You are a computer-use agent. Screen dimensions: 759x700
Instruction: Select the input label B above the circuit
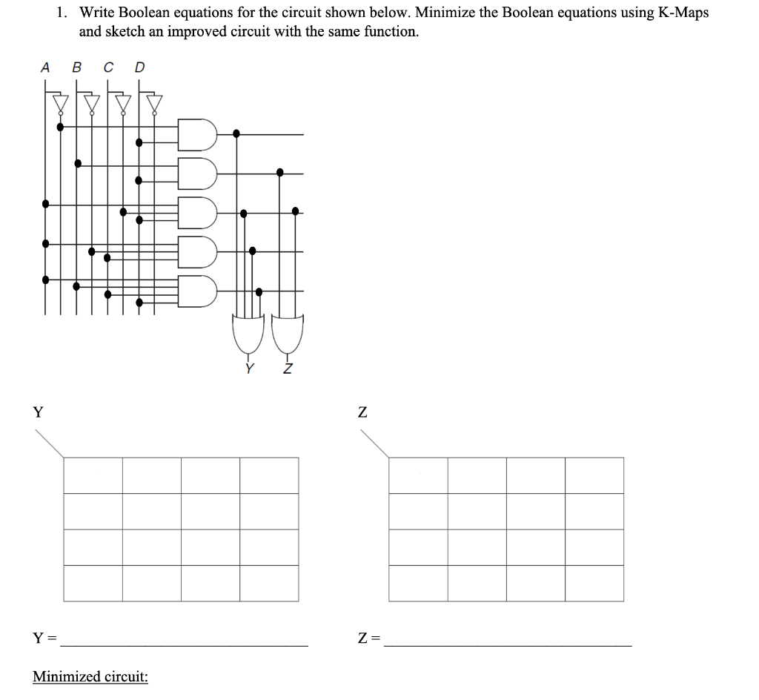click(x=76, y=67)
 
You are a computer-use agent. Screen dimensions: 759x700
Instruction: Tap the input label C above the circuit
click(x=108, y=67)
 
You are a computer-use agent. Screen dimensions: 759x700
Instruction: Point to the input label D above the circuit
click(x=139, y=67)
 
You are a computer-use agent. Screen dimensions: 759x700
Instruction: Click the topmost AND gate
click(x=197, y=134)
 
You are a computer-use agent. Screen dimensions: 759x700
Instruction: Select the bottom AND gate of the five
click(x=197, y=291)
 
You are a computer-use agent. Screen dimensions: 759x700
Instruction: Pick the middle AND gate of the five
click(x=197, y=212)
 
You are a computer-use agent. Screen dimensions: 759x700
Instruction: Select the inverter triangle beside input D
click(x=154, y=102)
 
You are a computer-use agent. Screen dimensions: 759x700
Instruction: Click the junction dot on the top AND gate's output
click(x=236, y=133)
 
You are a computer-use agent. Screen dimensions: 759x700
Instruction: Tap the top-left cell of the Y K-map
click(x=93, y=475)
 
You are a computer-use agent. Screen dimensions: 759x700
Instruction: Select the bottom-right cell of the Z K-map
click(x=594, y=584)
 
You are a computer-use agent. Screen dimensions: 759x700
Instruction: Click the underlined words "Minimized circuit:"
click(x=90, y=676)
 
